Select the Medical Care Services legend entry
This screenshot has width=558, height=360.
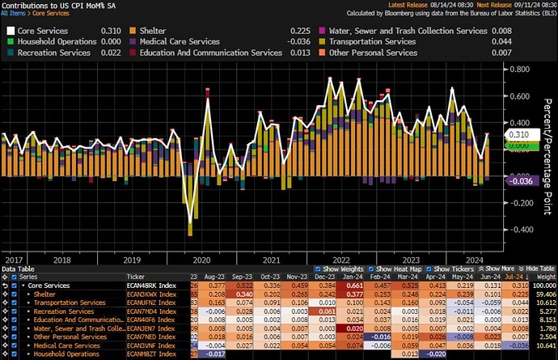coord(179,40)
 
